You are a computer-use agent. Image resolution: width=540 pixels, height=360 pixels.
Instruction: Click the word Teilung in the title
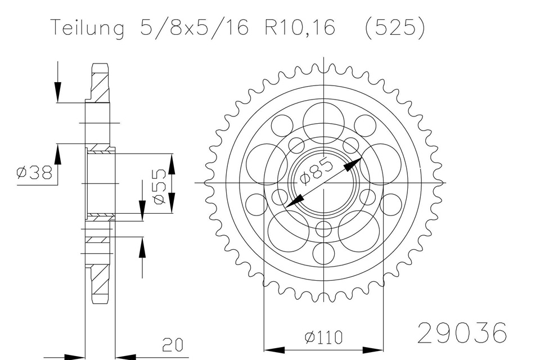pos(88,28)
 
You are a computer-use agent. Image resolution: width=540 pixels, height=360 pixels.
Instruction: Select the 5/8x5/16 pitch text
pos(194,27)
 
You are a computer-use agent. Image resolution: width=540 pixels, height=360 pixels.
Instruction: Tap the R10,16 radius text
pos(300,27)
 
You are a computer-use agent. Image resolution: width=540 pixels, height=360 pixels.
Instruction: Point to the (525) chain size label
pos(395,27)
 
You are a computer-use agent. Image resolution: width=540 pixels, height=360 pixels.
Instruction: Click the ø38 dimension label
pos(34,172)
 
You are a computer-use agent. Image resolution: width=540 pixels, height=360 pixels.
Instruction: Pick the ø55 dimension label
pos(159,187)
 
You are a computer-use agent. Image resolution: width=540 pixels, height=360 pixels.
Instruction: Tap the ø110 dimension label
pos(324,337)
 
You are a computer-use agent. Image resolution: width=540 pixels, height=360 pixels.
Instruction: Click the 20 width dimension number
pos(173,345)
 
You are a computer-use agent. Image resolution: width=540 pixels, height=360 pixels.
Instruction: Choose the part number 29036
pos(462,333)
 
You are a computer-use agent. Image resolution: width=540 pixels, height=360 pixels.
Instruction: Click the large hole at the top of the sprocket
pos(323,123)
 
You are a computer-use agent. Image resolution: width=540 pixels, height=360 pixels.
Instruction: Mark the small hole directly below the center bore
pos(324,229)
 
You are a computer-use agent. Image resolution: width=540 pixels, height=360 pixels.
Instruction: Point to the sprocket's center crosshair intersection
pos(324,182)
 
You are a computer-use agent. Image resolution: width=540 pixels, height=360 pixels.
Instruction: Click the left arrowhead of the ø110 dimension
pos(274,350)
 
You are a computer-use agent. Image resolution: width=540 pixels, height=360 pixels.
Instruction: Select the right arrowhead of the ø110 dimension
pos(373,350)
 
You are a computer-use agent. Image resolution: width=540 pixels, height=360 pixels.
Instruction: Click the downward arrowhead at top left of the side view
pos(57,92)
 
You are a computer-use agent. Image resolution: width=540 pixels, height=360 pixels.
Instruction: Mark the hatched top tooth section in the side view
pos(100,83)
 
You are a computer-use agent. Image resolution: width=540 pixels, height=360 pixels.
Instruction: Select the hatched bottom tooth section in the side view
pos(100,282)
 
